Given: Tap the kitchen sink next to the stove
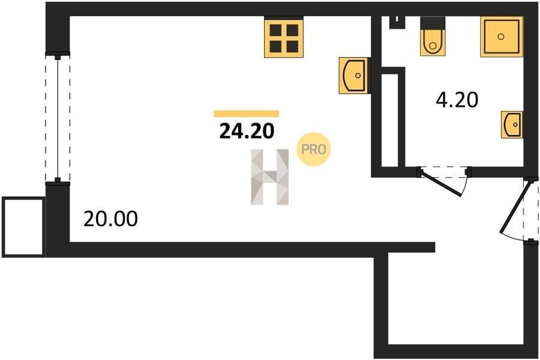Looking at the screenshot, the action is pos(355,76).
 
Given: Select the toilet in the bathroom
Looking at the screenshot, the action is pos(433,36).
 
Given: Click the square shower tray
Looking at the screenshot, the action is pos(502,37).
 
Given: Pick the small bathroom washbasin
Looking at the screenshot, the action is pos(512,124).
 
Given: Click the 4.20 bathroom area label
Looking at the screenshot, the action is pos(457,100).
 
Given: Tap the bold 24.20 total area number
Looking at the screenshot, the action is pos(247,131).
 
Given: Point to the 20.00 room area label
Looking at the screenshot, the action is pos(110,218).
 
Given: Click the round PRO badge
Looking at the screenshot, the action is pos(313,149).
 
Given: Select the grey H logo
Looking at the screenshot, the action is pos(269,177).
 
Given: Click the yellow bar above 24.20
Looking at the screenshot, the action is pos(246,113).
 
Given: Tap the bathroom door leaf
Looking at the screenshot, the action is pos(442,183).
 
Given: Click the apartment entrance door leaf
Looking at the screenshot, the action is pos(513,208).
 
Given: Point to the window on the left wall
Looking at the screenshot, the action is pos(58,117).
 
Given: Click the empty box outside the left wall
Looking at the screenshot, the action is pos(23,227).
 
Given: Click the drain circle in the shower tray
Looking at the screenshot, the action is pos(501,37).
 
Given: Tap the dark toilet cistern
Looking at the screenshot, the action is pos(433,23).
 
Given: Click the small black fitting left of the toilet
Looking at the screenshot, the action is pos(397,22).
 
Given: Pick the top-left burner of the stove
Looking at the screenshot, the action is pos(275,31).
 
